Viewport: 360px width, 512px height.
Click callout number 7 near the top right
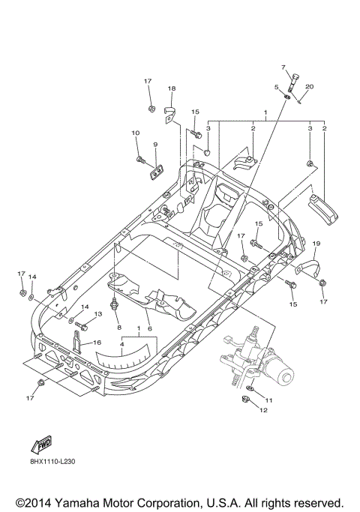pos(284,67)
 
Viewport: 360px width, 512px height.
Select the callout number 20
pos(309,86)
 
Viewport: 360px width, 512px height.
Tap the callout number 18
pos(171,88)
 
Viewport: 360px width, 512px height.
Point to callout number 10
pos(136,133)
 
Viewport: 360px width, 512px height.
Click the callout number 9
pos(155,144)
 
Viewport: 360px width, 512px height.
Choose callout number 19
pos(316,244)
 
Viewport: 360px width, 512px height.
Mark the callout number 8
pos(118,328)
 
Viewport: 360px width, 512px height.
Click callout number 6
pos(149,328)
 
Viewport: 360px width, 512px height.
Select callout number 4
pos(122,344)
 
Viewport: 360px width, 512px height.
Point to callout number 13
pos(97,314)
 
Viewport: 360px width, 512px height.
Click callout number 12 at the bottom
pos(263,410)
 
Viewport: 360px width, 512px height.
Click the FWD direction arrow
pos(40,448)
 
